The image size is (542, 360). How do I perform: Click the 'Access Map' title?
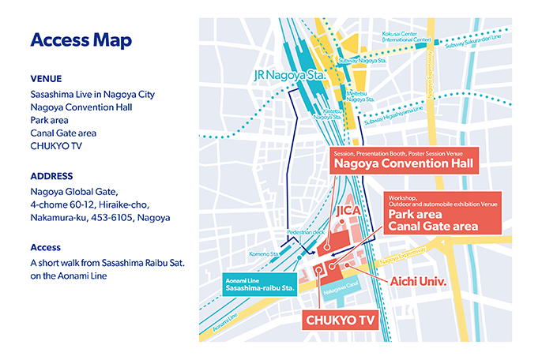tap(80, 39)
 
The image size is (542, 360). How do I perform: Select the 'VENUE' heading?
tap(47, 79)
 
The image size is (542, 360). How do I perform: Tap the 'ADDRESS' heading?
tap(52, 175)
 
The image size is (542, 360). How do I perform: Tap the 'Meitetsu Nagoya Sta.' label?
tap(361, 96)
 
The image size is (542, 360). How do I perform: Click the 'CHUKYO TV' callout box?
tap(340, 320)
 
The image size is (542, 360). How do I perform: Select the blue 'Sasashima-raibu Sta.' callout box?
tap(258, 284)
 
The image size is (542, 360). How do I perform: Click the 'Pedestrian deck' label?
tap(310, 234)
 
